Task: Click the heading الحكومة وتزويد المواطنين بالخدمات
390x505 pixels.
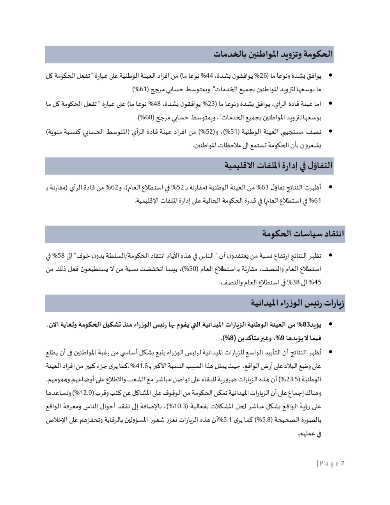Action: [273, 54]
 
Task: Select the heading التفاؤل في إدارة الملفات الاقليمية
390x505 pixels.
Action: [278, 166]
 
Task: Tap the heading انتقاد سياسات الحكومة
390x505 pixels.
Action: [303, 234]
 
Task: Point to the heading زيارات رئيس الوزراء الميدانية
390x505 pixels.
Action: [298, 303]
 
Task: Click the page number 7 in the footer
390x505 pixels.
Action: [342, 463]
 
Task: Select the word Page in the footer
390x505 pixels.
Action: [329, 464]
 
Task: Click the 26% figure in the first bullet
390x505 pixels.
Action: [261, 75]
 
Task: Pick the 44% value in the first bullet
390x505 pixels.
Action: [207, 75]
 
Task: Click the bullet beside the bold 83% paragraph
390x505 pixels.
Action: [330, 324]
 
